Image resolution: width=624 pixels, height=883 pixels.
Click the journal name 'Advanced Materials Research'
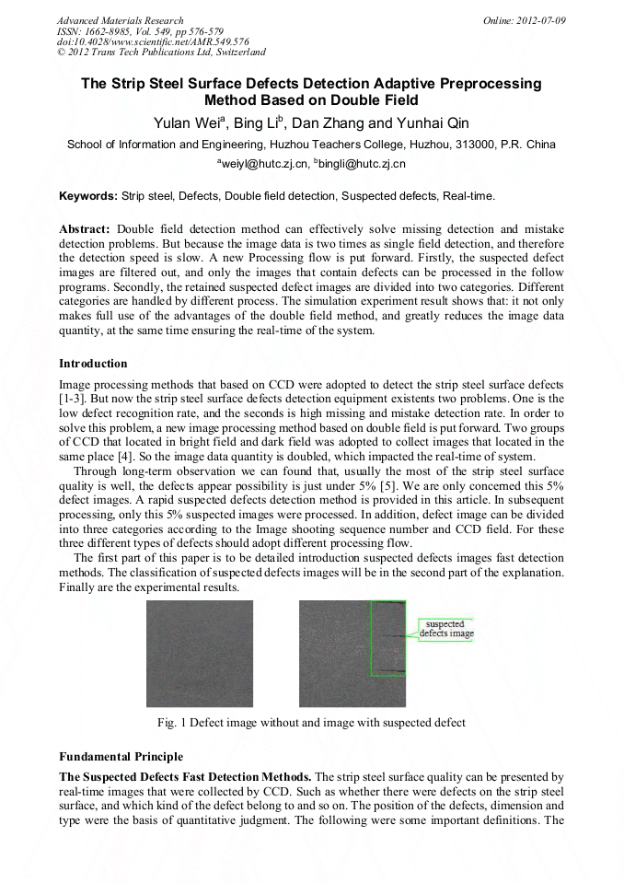pos(121,20)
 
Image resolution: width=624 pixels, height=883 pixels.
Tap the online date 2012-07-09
pos(524,20)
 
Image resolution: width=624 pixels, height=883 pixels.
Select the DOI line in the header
pos(153,41)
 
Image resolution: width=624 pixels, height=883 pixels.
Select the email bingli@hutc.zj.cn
pos(360,164)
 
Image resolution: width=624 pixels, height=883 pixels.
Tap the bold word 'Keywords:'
pos(88,196)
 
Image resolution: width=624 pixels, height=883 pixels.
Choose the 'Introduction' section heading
pos(93,364)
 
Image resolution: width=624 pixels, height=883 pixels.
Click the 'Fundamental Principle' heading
pos(121,757)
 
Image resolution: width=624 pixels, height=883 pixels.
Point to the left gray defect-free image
pos(200,653)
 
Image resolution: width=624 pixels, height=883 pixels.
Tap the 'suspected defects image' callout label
pos(446,629)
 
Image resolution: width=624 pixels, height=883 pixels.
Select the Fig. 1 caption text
pos(312,723)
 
